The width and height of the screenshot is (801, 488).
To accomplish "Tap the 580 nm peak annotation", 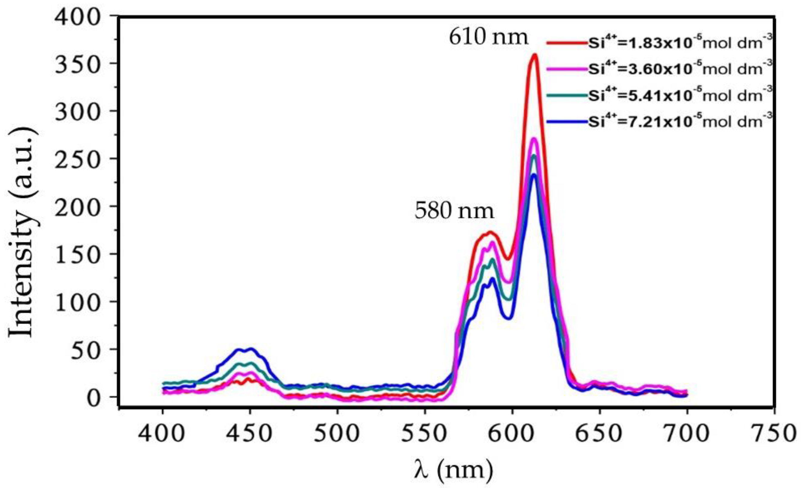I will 454,212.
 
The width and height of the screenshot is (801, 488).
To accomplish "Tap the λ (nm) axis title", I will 453,469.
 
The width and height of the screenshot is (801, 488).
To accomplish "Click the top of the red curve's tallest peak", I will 534,55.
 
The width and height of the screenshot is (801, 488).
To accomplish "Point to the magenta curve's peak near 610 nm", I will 534,139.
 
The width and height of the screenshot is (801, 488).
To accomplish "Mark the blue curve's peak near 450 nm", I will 250,349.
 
